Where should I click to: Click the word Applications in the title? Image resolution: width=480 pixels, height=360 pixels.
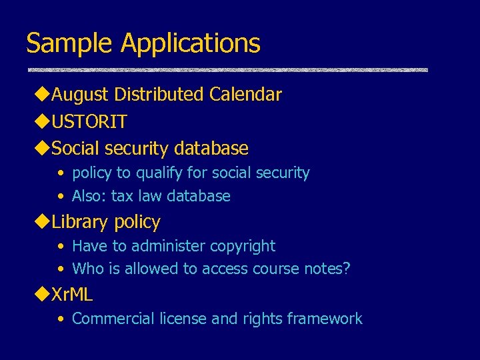[x=190, y=44]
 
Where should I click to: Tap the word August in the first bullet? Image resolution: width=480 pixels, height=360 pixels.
[x=80, y=95]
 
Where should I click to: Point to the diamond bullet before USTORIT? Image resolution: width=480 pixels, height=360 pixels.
[x=42, y=121]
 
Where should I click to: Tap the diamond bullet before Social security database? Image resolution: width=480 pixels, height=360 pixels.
[x=42, y=148]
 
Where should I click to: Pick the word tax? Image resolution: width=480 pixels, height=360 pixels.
[x=122, y=196]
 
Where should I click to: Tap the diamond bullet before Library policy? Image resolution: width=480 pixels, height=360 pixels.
[x=42, y=222]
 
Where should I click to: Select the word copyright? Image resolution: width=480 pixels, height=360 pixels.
[x=242, y=246]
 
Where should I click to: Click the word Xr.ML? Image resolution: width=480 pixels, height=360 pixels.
[x=72, y=294]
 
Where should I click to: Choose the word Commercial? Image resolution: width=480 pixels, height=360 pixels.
[x=113, y=319]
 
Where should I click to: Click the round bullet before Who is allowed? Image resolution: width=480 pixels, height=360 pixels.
[x=61, y=269]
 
